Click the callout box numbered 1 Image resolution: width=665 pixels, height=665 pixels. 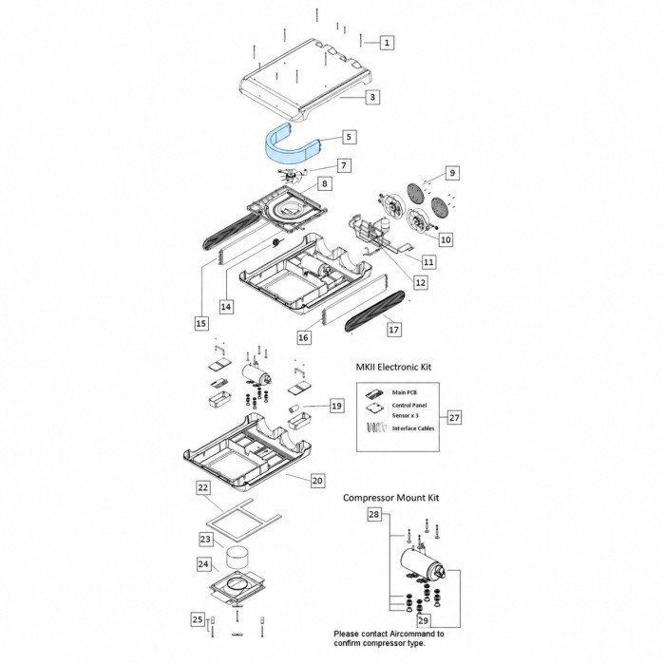(x=387, y=43)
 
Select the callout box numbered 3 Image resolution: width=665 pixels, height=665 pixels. (x=372, y=97)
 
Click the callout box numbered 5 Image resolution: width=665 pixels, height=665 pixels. (x=349, y=137)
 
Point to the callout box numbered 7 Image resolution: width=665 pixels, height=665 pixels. (x=344, y=165)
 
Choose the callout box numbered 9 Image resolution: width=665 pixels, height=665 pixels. (x=452, y=173)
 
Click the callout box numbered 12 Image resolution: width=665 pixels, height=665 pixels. (x=420, y=282)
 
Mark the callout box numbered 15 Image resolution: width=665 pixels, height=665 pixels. (x=201, y=323)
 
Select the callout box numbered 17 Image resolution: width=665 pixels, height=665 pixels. (x=394, y=329)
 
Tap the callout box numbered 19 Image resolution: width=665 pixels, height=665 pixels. (x=336, y=406)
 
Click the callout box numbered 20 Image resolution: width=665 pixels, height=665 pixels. (x=317, y=481)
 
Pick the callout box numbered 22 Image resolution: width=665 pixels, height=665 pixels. (x=203, y=487)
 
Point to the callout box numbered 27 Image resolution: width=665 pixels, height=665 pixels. (x=454, y=417)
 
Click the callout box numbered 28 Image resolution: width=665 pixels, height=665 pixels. (x=373, y=515)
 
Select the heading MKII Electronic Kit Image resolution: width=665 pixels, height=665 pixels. (x=393, y=367)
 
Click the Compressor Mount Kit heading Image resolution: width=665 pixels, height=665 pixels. (x=390, y=498)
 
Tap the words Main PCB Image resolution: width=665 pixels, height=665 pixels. (x=404, y=392)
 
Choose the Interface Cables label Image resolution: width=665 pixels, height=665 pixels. (x=413, y=428)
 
